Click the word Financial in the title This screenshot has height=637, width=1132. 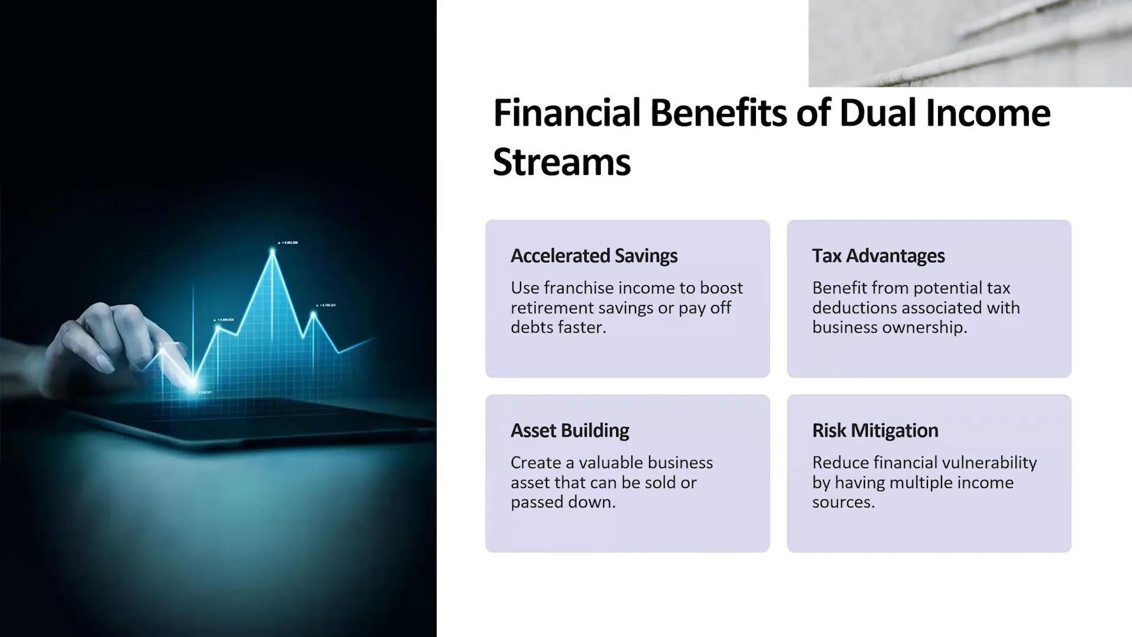pos(567,113)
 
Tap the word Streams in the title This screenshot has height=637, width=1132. pos(562,162)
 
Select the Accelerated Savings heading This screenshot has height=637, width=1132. pos(594,256)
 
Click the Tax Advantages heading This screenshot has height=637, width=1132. pos(878,256)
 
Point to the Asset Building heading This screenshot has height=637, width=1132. pos(570,431)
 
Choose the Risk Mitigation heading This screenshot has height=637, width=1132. pos(875,431)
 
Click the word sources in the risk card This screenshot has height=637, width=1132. pos(843,503)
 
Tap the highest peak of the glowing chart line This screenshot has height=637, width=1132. pos(272,250)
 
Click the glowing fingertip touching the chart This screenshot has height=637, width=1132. pos(192,382)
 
